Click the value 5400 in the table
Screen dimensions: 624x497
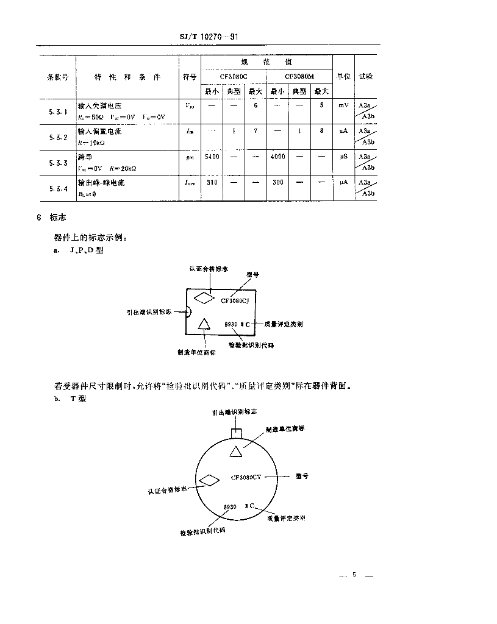pyautogui.click(x=212, y=157)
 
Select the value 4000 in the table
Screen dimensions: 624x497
pyautogui.click(x=277, y=157)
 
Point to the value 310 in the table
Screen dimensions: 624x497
pyautogui.click(x=212, y=182)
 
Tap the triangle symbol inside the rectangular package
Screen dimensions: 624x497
pyautogui.click(x=204, y=324)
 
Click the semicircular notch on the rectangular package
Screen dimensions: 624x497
pyautogui.click(x=188, y=311)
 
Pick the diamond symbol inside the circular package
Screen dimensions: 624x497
pyautogui.click(x=209, y=480)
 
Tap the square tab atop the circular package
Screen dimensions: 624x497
pyautogui.click(x=236, y=431)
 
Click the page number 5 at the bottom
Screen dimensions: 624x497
pyautogui.click(x=353, y=575)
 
